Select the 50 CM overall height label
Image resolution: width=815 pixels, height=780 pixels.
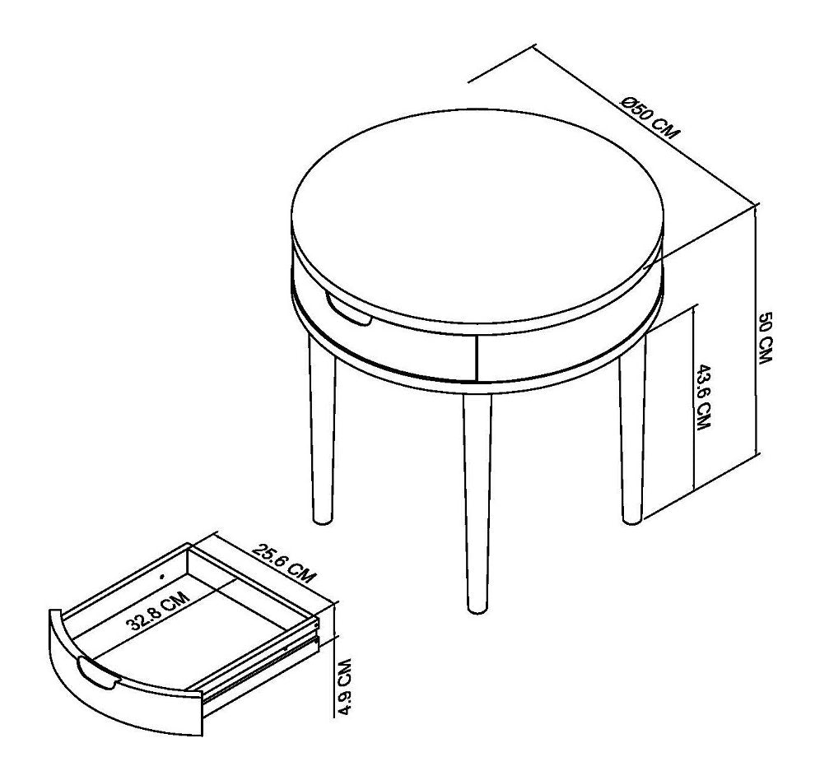[x=765, y=339]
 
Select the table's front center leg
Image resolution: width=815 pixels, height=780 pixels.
[x=477, y=502]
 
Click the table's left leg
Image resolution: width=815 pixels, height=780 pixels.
[x=321, y=436]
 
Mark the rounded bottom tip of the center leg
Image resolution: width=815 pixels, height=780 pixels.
[x=476, y=609]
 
